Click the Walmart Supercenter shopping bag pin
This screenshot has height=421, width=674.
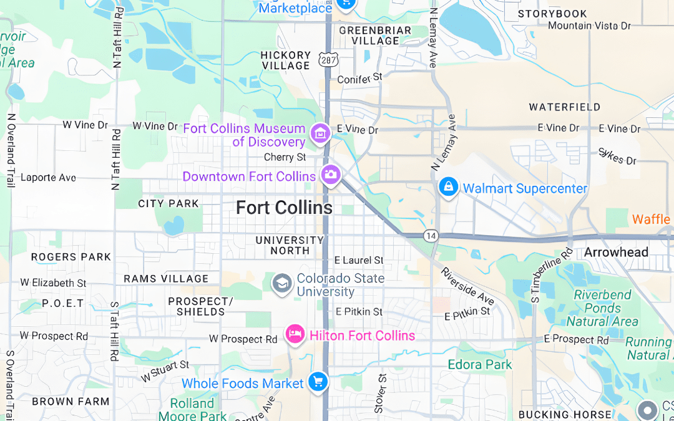tap(447, 186)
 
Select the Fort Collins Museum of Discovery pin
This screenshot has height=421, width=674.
tap(320, 133)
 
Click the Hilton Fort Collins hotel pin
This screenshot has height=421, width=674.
tap(294, 334)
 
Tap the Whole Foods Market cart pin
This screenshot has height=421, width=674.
tap(318, 382)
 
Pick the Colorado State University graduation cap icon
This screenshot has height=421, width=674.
tap(282, 284)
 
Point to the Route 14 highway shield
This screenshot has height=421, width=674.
tap(430, 236)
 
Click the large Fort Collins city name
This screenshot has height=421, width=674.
tap(284, 208)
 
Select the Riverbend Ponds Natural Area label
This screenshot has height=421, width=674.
tap(602, 308)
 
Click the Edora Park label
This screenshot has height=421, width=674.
tap(479, 364)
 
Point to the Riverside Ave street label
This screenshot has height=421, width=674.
tap(467, 286)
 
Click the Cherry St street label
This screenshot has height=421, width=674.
tap(285, 157)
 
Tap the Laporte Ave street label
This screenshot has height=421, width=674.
tap(48, 178)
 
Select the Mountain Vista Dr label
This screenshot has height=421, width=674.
tap(589, 26)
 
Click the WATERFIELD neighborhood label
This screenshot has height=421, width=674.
tap(564, 107)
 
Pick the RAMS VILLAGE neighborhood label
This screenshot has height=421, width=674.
tap(166, 279)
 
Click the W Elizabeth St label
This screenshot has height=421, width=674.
tap(53, 283)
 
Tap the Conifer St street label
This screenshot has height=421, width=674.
tap(359, 79)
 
